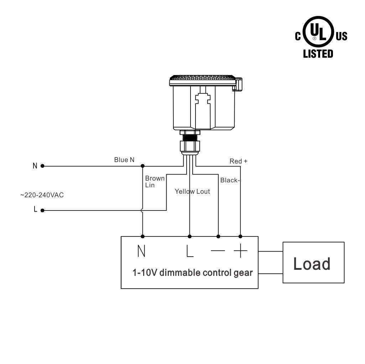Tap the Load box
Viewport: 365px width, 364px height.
pos(313,263)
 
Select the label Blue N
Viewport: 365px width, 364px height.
pos(124,160)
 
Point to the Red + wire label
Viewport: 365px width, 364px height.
pos(238,161)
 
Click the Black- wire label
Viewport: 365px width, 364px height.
pos(230,180)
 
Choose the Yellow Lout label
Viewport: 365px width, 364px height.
pos(192,192)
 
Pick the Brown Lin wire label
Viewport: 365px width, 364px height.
pos(155,182)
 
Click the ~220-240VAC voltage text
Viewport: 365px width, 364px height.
pos(42,195)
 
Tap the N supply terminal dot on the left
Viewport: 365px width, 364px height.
pos(42,166)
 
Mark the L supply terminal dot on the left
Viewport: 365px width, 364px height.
pos(42,210)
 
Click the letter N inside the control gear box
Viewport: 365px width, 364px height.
pos(141,251)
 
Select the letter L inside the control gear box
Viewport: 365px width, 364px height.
pos(190,251)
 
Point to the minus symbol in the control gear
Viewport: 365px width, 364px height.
pos(218,251)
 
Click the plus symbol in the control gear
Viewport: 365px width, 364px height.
pos(240,251)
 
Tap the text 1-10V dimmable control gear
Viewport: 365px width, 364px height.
pos(192,273)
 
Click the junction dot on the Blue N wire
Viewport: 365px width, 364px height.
pos(143,166)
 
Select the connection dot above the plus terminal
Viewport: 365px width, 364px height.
pos(240,236)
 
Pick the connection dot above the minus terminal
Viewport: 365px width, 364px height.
pos(218,236)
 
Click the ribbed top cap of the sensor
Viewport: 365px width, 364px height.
pos(202,78)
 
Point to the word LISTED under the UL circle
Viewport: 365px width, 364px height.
pos(318,54)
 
